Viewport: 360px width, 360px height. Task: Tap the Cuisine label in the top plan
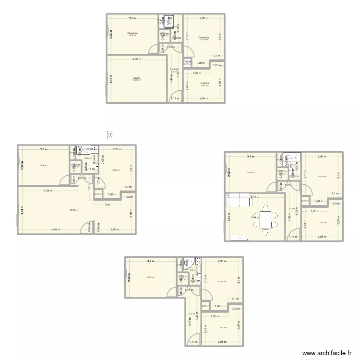point(205,83)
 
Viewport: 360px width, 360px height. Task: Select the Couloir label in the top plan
point(173,69)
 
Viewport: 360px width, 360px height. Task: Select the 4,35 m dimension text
point(48,191)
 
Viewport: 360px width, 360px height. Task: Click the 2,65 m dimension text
point(117,149)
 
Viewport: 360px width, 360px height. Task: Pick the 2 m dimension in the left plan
point(108,204)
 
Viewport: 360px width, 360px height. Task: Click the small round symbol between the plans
point(111,135)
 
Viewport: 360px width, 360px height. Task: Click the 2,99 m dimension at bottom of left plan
point(116,230)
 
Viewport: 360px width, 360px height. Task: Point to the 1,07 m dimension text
point(98,182)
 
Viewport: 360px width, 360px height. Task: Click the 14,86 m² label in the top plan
point(137,80)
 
